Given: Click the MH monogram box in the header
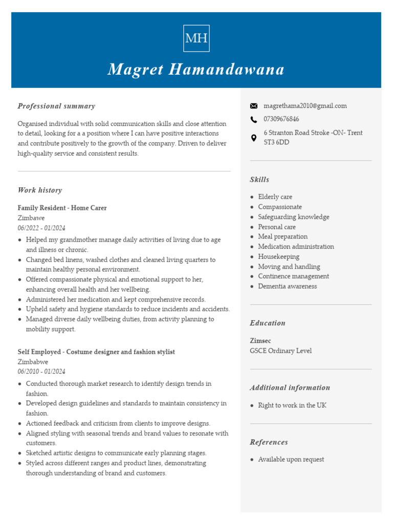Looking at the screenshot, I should [196, 38].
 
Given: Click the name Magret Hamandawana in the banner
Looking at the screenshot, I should [196, 70].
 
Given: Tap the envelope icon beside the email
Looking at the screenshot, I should [254, 106].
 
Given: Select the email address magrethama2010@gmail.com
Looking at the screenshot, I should [305, 106].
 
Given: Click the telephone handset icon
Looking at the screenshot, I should [254, 119].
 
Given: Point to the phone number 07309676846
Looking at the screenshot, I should [281, 119].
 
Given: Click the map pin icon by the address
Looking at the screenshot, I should [254, 138].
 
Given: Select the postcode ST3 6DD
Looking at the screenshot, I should [276, 142].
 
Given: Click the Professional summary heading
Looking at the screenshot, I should [56, 106].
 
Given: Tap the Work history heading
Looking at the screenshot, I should [40, 190].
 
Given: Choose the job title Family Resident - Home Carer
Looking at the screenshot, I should [62, 208].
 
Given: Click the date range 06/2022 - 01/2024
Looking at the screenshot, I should [41, 228].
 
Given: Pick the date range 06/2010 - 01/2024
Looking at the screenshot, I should [41, 372].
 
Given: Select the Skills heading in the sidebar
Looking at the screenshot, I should [259, 180].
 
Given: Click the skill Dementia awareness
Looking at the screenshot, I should [287, 286].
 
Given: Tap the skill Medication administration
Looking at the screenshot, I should [296, 247].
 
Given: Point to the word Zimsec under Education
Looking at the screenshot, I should [260, 340].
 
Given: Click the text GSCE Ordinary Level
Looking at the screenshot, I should [280, 351].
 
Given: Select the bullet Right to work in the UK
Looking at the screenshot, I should [292, 405].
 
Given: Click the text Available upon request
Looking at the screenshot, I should [291, 460].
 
